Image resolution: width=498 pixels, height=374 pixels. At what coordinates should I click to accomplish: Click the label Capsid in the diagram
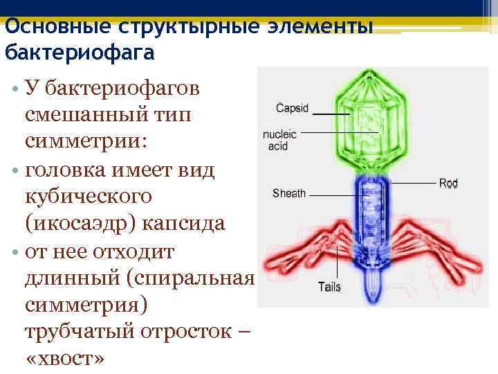(292, 108)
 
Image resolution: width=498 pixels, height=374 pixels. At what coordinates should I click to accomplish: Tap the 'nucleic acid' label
(279, 140)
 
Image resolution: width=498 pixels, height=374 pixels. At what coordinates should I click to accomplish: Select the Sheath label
(288, 193)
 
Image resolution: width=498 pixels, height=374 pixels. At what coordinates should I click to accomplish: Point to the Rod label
(448, 184)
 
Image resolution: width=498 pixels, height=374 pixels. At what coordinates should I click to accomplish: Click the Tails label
(329, 287)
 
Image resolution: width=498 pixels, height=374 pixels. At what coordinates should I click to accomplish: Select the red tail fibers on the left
(304, 249)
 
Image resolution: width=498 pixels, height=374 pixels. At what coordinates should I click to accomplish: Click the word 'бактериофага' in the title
(80, 52)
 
